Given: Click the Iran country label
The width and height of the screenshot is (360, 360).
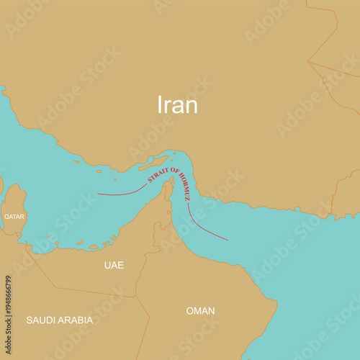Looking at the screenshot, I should tap(177, 105).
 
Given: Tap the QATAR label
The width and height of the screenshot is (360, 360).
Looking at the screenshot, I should tap(14, 216).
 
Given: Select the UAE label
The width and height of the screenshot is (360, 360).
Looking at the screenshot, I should tap(114, 265).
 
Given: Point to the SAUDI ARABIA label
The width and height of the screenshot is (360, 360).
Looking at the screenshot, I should tap(60, 320).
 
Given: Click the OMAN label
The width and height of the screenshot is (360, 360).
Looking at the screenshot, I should tap(200, 311).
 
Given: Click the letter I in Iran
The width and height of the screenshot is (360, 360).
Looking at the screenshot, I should tap(160, 105).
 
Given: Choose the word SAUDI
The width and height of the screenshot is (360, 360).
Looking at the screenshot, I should tap(40, 320).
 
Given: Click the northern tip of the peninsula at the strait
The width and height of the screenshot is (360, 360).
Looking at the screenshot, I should tap(170, 182).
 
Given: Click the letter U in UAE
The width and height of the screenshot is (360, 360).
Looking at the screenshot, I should tap(107, 265).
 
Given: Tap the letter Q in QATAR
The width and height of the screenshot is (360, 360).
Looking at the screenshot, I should tap(6, 216).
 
